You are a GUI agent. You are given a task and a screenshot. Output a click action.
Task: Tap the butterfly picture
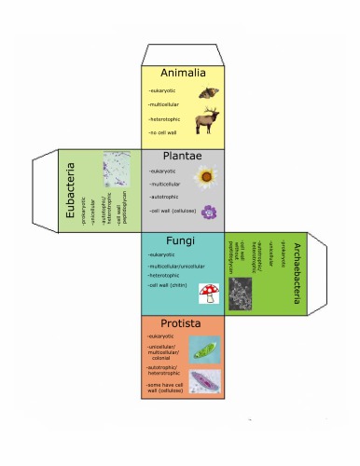tap(208, 93)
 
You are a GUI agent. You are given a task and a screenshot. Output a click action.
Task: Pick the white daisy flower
tap(207, 174)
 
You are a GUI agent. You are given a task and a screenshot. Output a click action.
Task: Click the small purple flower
tap(209, 212)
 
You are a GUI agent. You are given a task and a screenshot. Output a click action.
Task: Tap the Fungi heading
tap(181, 241)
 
